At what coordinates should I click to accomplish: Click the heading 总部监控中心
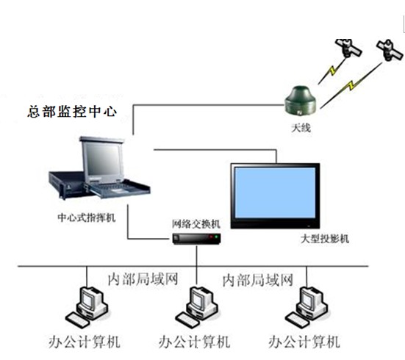click(x=72, y=112)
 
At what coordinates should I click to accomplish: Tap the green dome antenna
click(x=301, y=101)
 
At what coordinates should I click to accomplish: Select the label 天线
click(x=301, y=128)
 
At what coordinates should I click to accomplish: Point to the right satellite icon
click(x=390, y=50)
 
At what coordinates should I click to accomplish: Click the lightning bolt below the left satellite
click(x=331, y=71)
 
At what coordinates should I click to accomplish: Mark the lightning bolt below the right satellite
click(x=350, y=86)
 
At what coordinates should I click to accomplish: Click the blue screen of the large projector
click(x=275, y=192)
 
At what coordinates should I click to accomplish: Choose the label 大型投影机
click(x=325, y=239)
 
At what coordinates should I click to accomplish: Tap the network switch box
click(x=196, y=239)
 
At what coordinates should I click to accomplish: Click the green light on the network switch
click(x=216, y=237)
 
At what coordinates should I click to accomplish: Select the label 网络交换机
click(x=196, y=224)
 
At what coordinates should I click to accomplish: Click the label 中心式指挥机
click(x=87, y=217)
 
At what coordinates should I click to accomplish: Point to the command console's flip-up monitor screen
click(x=102, y=159)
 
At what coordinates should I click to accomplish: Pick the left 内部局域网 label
click(x=143, y=279)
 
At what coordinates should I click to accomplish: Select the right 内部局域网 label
click(x=257, y=281)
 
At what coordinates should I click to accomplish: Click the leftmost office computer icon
click(x=87, y=307)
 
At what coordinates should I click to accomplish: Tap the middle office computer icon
click(x=197, y=307)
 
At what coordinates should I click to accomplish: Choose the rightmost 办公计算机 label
click(x=304, y=342)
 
